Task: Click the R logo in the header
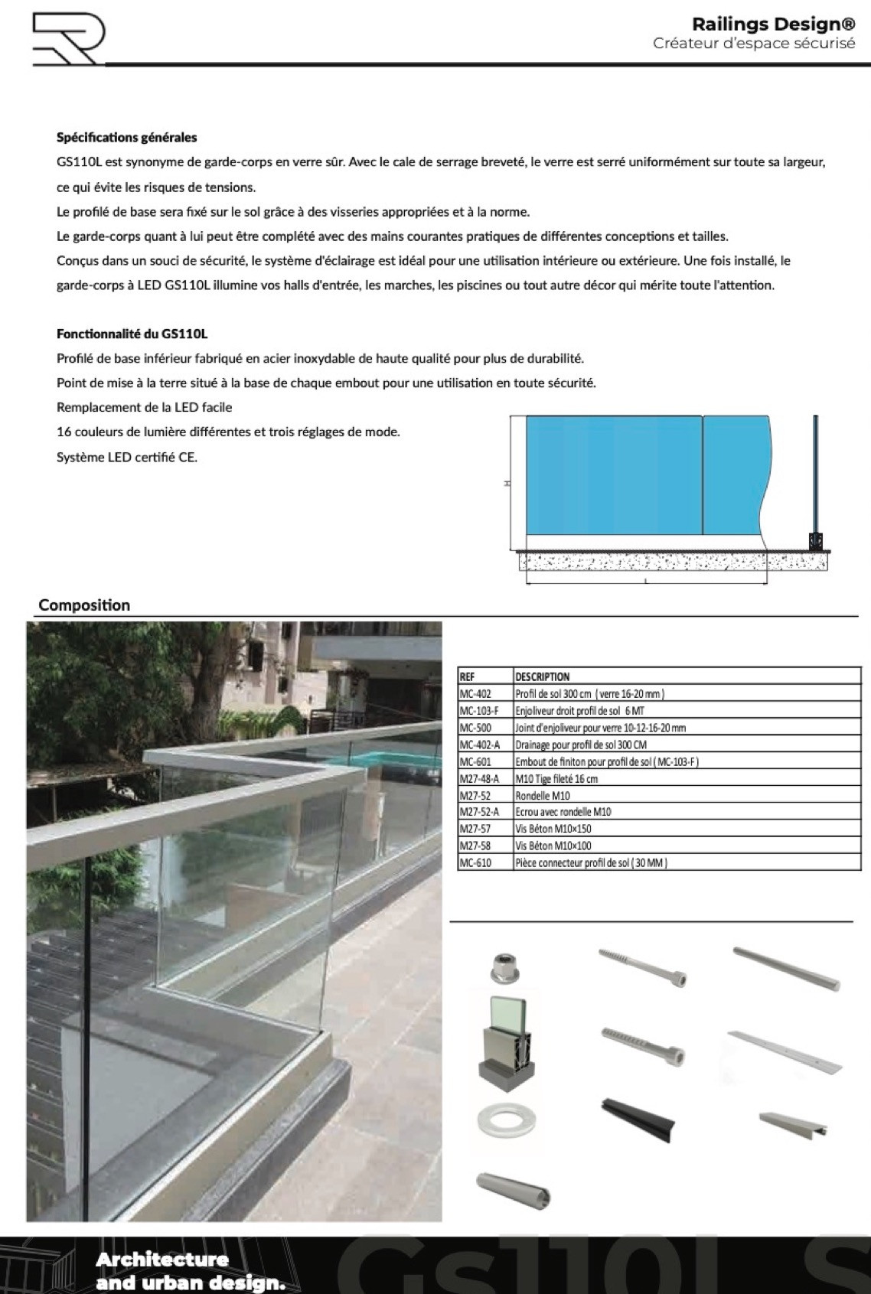coord(67,39)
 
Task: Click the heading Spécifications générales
coord(126,138)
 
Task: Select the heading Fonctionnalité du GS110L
coord(132,334)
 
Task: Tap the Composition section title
coord(84,605)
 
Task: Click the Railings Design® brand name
coord(773,24)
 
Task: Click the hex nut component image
coord(506,968)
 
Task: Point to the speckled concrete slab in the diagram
coord(643,562)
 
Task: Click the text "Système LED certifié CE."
coord(127,458)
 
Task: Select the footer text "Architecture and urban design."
coord(191,1271)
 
